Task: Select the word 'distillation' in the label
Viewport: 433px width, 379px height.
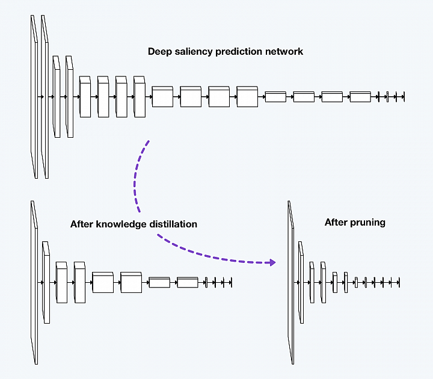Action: [x=173, y=224]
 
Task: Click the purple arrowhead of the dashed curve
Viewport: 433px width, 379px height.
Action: [x=272, y=262]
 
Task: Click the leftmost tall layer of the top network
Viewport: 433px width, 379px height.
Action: [x=34, y=97]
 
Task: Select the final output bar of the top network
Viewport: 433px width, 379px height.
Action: [x=404, y=97]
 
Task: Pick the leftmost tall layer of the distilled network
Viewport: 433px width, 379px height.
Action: [x=34, y=283]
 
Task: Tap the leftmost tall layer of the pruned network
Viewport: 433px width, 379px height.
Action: [x=291, y=283]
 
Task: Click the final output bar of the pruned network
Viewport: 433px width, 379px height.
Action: [x=399, y=283]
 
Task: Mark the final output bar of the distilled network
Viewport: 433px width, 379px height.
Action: [x=231, y=283]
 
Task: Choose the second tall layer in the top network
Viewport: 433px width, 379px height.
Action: [x=45, y=97]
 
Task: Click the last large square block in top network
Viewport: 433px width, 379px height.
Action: [x=247, y=96]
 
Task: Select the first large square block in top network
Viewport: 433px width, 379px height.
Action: [x=162, y=96]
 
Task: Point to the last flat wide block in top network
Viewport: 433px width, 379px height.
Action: [x=360, y=97]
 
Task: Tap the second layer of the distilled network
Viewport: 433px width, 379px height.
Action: [x=46, y=282]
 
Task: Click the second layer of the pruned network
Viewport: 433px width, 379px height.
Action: [x=301, y=282]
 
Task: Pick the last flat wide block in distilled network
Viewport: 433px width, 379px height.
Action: [x=188, y=282]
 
